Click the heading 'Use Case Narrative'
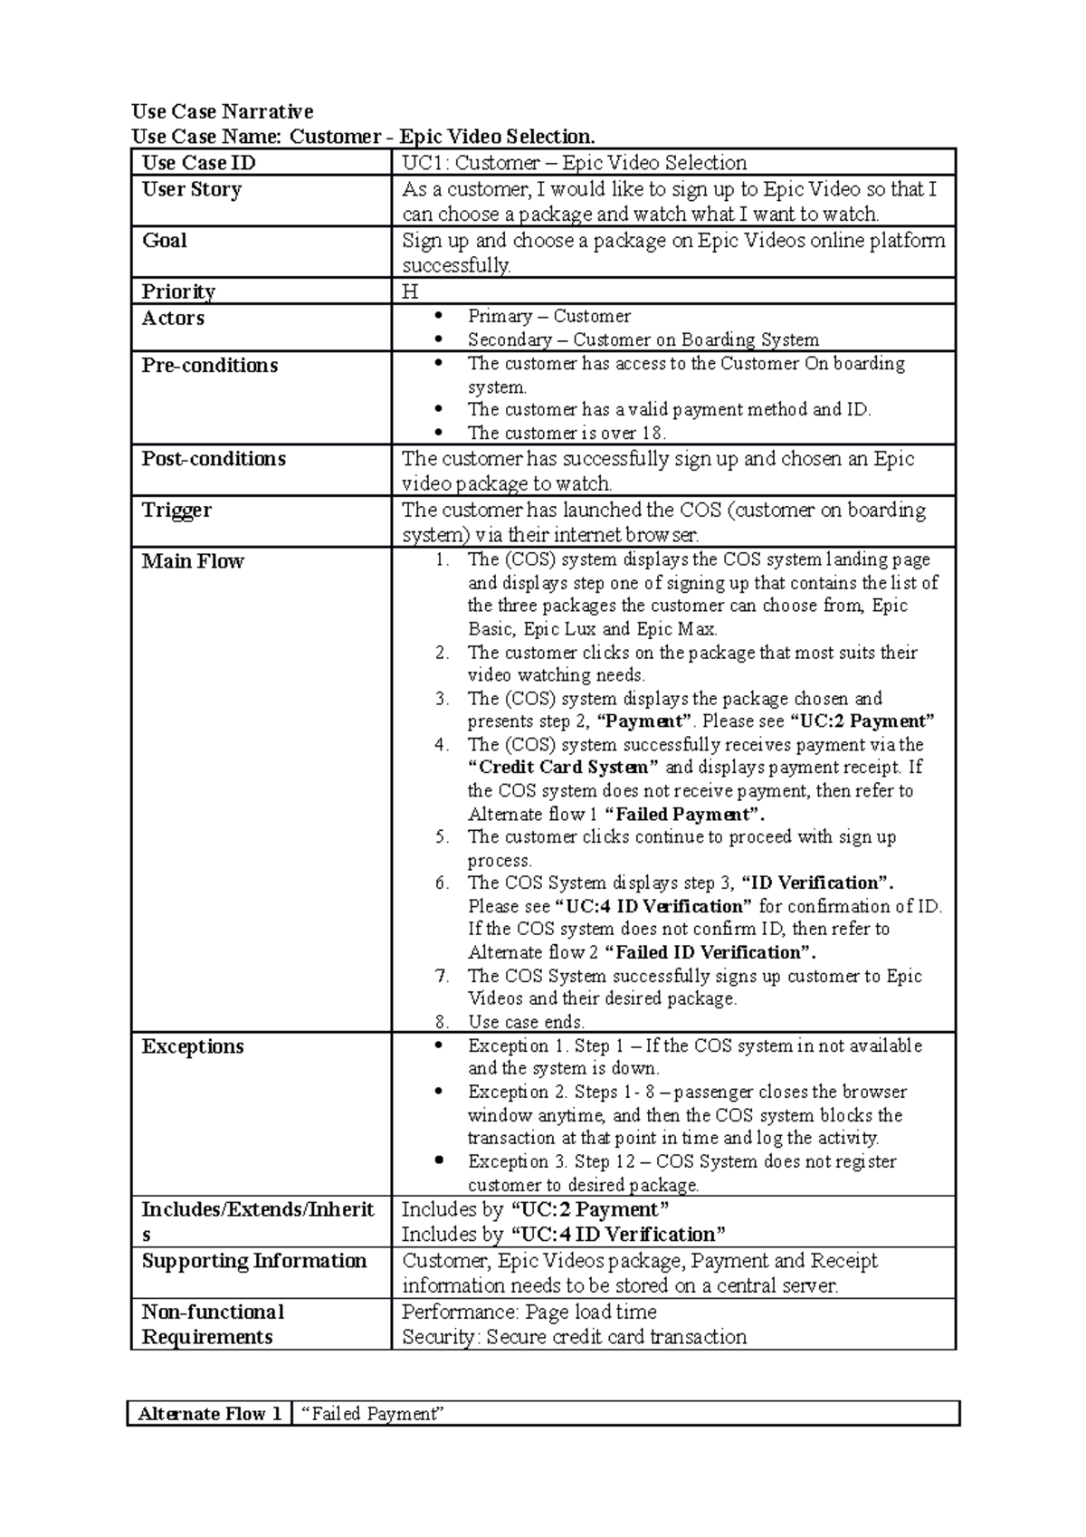[223, 111]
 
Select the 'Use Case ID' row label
[198, 163]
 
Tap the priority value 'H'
[410, 291]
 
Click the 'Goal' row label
[164, 241]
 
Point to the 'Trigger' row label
[176, 511]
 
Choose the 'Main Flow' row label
[192, 561]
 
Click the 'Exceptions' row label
[192, 1046]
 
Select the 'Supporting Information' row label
[253, 1261]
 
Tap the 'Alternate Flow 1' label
[209, 1414]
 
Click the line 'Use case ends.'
[526, 1022]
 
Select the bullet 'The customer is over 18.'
[567, 433]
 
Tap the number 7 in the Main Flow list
[442, 976]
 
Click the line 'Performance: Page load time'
[529, 1312]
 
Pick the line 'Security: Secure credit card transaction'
[574, 1337]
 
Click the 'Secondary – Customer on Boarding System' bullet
[643, 339]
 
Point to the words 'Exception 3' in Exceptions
[508, 1161]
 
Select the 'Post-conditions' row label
[214, 459]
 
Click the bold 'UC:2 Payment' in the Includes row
[590, 1209]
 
